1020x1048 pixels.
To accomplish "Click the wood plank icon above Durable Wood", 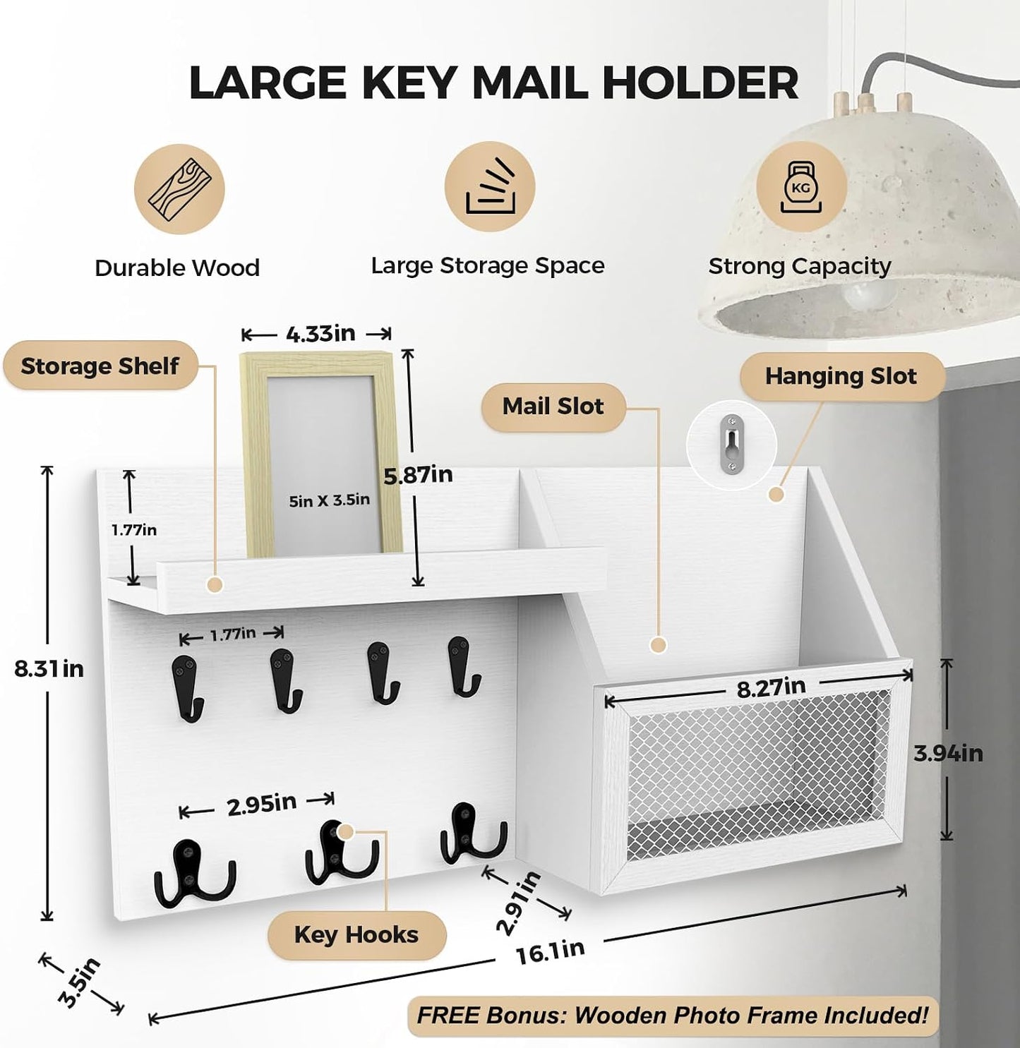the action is pyautogui.click(x=179, y=189).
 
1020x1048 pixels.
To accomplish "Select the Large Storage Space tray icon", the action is pyautogui.click(x=490, y=187).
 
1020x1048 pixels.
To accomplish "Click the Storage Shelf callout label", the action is pyautogui.click(x=100, y=366).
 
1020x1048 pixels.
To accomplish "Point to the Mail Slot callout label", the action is pyautogui.click(x=553, y=406).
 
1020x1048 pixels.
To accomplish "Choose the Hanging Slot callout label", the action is pyautogui.click(x=841, y=376).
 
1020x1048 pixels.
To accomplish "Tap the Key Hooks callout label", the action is pyautogui.click(x=356, y=935).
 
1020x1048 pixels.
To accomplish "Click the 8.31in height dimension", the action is pyautogui.click(x=49, y=670).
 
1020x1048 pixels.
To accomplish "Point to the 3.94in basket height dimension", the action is pyautogui.click(x=949, y=754).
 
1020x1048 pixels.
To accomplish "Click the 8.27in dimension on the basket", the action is pyautogui.click(x=772, y=687).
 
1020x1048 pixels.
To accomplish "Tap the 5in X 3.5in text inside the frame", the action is pyautogui.click(x=329, y=500).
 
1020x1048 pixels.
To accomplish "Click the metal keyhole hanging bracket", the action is pyautogui.click(x=732, y=445).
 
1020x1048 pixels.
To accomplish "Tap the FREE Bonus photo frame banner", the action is pyautogui.click(x=673, y=1016).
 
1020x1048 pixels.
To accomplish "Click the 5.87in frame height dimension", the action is pyautogui.click(x=418, y=476).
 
